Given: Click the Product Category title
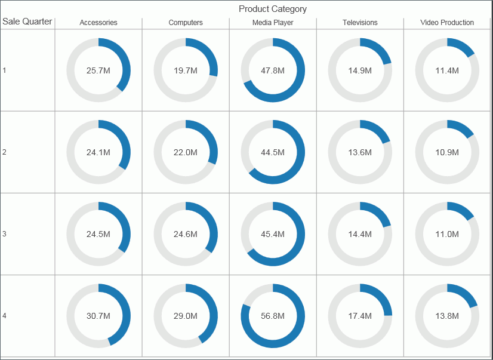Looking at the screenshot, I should click(x=272, y=9).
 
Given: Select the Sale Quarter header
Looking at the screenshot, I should click(x=27, y=21).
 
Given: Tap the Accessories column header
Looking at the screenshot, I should click(x=98, y=23).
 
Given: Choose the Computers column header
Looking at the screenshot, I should click(x=186, y=23).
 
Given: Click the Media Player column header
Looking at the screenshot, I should click(x=273, y=23).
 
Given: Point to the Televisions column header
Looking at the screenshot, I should click(x=360, y=23).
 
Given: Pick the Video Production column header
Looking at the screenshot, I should click(x=447, y=23).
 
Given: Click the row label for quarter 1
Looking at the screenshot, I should click(x=4, y=70).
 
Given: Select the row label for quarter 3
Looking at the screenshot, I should click(x=4, y=234).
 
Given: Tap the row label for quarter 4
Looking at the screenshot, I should click(x=4, y=316).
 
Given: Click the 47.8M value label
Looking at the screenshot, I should click(x=273, y=70).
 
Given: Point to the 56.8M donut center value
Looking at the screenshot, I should click(x=273, y=316).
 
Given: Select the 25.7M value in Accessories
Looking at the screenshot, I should click(x=98, y=70).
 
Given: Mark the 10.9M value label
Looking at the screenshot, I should click(x=447, y=152).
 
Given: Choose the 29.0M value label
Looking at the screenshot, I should click(x=186, y=316).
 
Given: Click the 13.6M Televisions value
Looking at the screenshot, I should click(x=360, y=152).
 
